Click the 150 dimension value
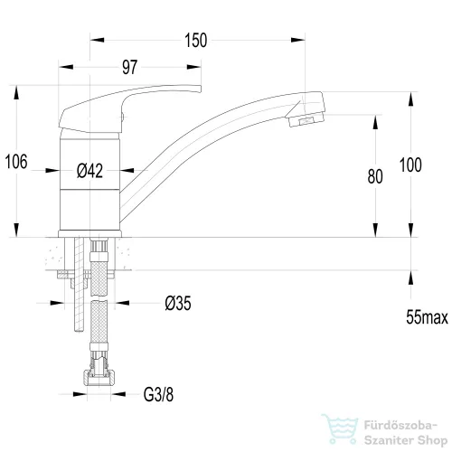196,41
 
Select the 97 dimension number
130,67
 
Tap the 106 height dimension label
16,162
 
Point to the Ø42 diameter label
89,171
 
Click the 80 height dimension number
375,176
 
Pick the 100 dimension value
410,165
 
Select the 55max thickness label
427,317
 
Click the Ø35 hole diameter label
178,303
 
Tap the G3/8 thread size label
158,394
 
